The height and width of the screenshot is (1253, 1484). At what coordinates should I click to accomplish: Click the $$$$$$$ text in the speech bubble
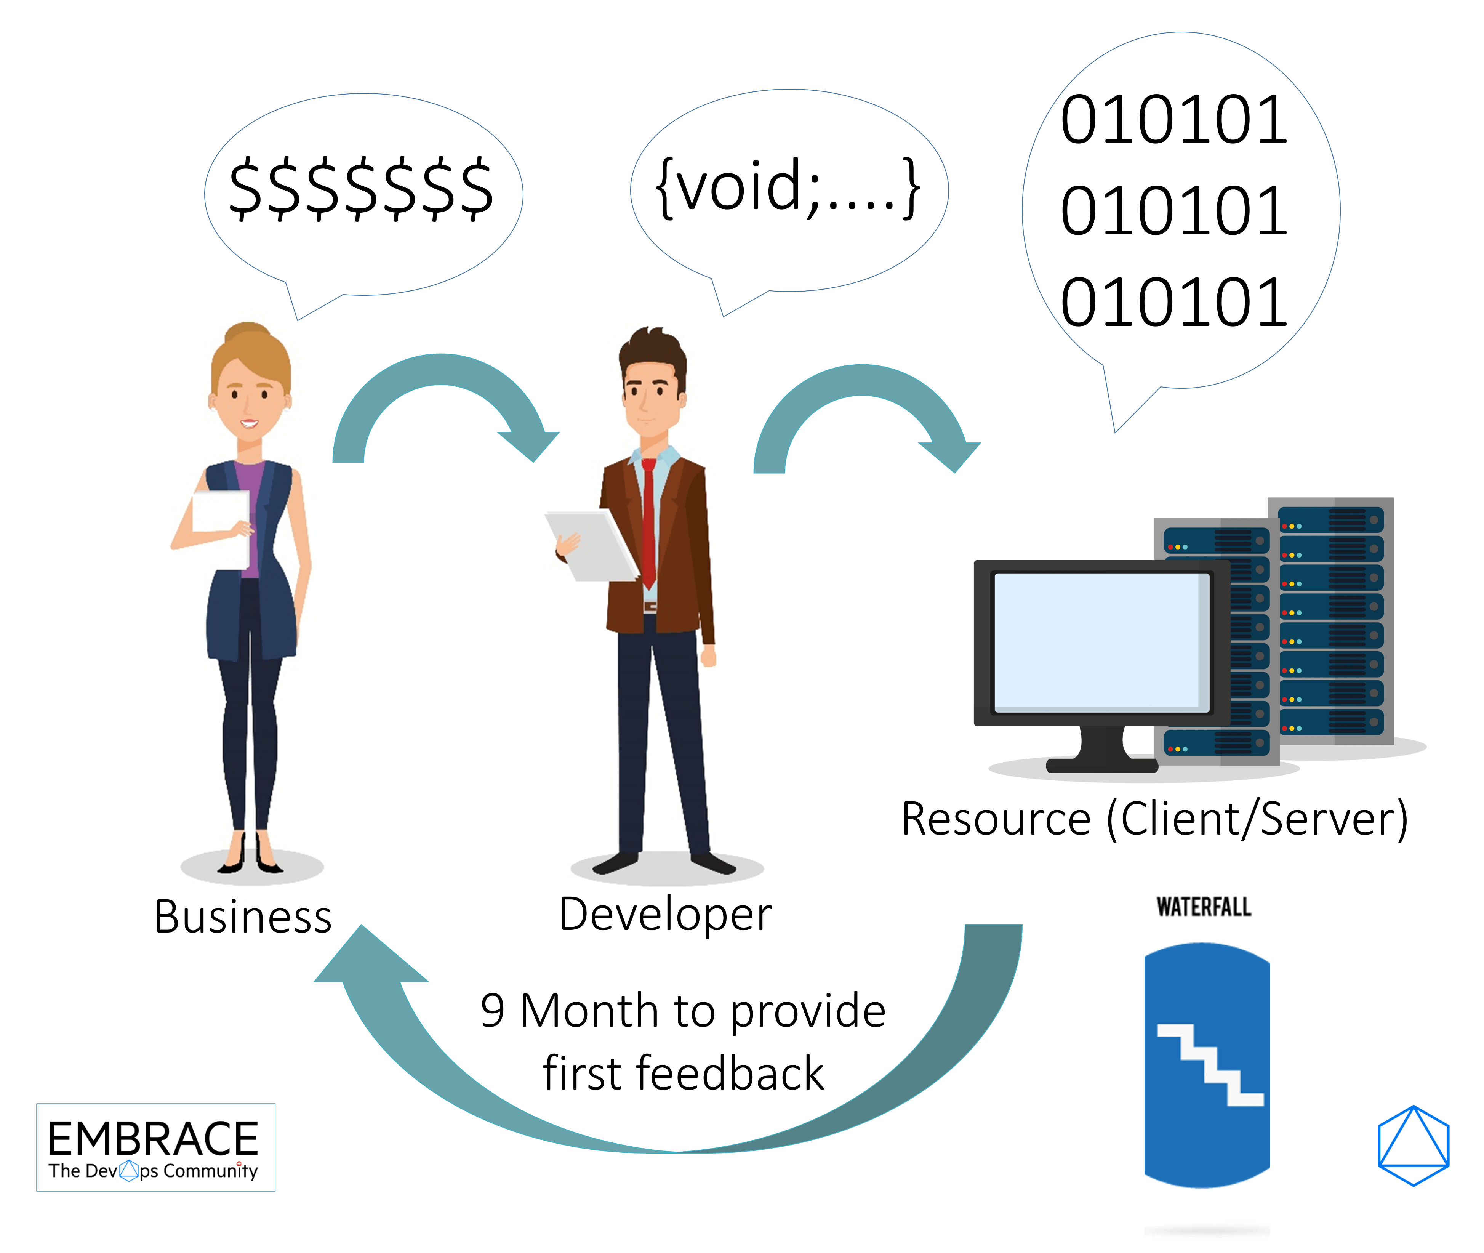[x=361, y=188]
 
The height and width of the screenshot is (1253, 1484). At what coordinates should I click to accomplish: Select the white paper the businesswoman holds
[x=221, y=529]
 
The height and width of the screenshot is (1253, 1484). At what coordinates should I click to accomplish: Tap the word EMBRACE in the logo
[x=154, y=1139]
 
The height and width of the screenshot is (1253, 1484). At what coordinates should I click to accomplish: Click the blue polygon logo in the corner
[x=1413, y=1146]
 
